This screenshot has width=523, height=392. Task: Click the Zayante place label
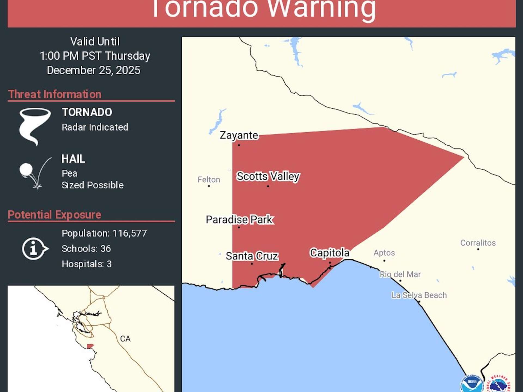(x=239, y=135)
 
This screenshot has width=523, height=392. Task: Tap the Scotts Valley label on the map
(x=268, y=176)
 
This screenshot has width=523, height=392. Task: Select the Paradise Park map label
(x=239, y=219)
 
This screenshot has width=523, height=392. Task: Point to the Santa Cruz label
(x=252, y=256)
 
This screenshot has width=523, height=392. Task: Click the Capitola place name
(x=330, y=253)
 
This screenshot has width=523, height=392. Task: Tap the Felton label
(x=209, y=180)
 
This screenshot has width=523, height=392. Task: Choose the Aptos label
(x=384, y=253)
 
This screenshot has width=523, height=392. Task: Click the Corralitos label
(x=478, y=243)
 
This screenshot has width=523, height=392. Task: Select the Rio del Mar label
(x=400, y=274)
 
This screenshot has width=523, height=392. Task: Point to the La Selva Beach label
(x=419, y=295)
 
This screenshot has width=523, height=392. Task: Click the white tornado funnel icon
(x=35, y=126)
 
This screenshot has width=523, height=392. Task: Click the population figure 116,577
(x=130, y=233)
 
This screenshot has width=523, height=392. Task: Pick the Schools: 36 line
(x=86, y=249)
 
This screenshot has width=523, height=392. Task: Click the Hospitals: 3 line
(x=87, y=264)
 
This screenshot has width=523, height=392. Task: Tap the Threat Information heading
(x=55, y=94)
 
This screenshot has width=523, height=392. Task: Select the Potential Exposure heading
(x=54, y=215)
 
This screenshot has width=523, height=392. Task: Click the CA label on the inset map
(x=125, y=339)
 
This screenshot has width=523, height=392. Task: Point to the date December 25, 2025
(x=93, y=70)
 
